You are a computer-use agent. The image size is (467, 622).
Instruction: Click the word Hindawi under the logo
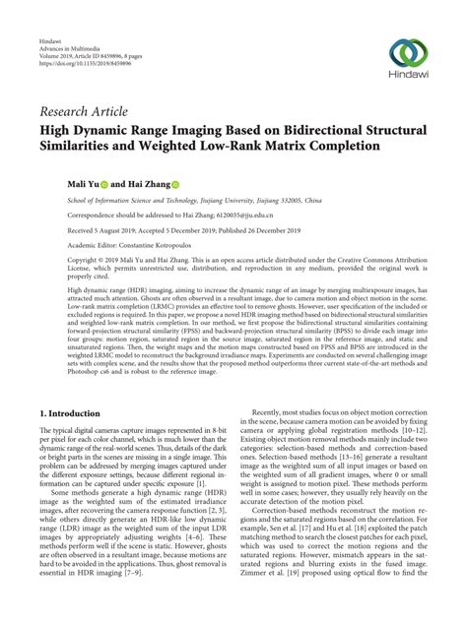point(409,75)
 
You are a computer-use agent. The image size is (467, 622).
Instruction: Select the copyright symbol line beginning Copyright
point(60,261)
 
